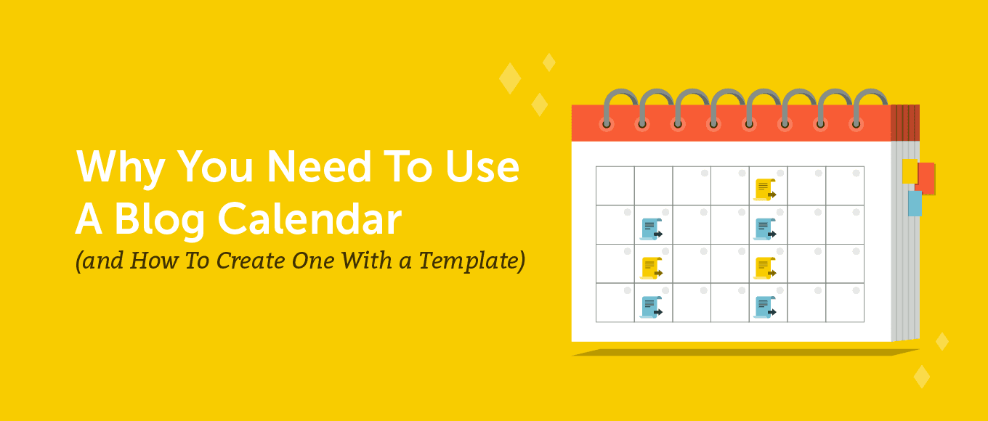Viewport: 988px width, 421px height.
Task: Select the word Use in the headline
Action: click(482, 167)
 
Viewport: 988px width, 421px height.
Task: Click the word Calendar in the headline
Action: click(309, 218)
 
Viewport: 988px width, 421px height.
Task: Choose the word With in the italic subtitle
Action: click(366, 260)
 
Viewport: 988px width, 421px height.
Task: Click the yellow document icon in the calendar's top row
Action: click(765, 189)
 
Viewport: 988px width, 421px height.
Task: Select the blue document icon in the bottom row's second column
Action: click(651, 307)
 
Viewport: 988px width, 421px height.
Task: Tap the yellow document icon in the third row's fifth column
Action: click(765, 268)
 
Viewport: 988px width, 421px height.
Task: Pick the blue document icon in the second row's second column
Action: click(651, 229)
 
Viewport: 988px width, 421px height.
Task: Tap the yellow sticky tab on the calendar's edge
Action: click(910, 171)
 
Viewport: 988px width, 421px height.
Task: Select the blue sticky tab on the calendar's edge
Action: click(915, 203)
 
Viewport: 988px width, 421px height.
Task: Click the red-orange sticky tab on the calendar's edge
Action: click(926, 178)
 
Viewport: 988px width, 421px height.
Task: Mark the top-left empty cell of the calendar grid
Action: click(615, 186)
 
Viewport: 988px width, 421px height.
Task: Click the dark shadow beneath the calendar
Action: click(745, 352)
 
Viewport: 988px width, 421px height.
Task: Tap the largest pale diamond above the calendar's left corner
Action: click(510, 78)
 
